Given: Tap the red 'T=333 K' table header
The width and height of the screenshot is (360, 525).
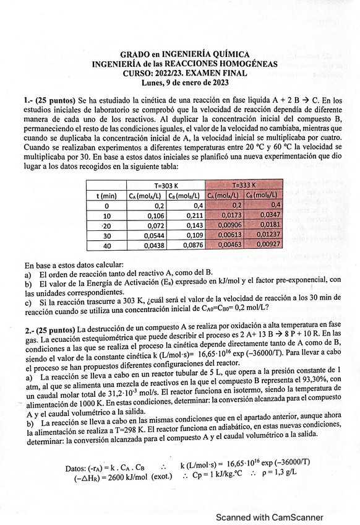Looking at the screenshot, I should click(244, 184).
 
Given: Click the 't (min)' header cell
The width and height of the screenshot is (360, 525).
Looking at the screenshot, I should click(106, 195).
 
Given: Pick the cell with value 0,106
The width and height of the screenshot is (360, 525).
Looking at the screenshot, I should click(146, 215).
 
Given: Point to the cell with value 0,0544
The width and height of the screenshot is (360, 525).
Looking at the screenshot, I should click(146, 236).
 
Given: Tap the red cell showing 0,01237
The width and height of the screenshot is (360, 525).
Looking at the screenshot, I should click(264, 236).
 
